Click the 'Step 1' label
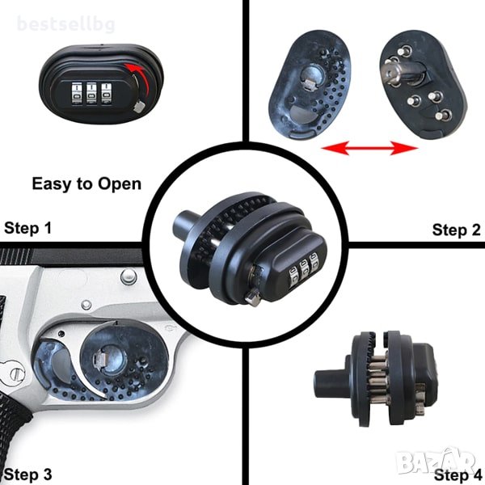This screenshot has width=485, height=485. click(x=27, y=228)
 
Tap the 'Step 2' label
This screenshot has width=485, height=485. click(x=456, y=230)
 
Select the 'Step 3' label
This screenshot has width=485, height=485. click(x=27, y=474)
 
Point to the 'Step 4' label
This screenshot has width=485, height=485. click(x=458, y=474)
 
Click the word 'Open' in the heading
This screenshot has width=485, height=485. click(x=120, y=184)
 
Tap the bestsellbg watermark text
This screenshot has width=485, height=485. click(x=66, y=24)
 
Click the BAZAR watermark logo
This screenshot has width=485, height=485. click(x=436, y=460)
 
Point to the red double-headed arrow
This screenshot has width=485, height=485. click(x=370, y=148)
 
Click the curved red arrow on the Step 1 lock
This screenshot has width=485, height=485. click(x=141, y=78)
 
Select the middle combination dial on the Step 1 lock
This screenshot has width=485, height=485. click(x=91, y=94)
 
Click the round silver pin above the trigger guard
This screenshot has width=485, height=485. click(x=129, y=276)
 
